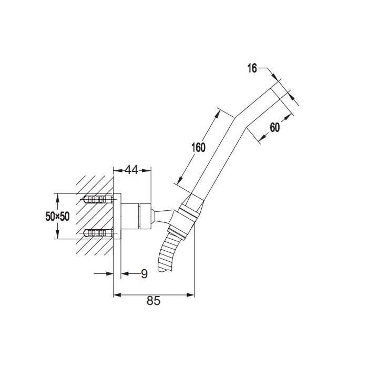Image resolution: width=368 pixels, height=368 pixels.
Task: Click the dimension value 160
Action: (198, 147)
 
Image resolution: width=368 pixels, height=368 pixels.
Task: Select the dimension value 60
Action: (275, 127)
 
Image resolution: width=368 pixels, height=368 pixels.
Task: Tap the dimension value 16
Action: (252, 68)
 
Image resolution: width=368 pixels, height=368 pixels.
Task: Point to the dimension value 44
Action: (131, 170)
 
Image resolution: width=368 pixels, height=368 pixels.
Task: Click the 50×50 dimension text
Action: (57, 216)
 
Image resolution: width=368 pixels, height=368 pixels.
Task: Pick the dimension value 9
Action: (144, 274)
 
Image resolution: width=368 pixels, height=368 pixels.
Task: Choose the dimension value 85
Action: (154, 301)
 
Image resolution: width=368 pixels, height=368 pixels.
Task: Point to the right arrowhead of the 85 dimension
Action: (190, 295)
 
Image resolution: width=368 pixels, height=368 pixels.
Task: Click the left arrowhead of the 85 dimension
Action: (117, 295)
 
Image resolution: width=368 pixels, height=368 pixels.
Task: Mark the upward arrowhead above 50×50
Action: (57, 198)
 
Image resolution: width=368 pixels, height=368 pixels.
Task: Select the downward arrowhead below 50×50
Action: (57, 234)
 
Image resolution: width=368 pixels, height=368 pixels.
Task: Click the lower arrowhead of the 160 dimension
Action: (180, 180)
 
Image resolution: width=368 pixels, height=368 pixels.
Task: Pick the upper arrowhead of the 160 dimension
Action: (218, 114)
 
